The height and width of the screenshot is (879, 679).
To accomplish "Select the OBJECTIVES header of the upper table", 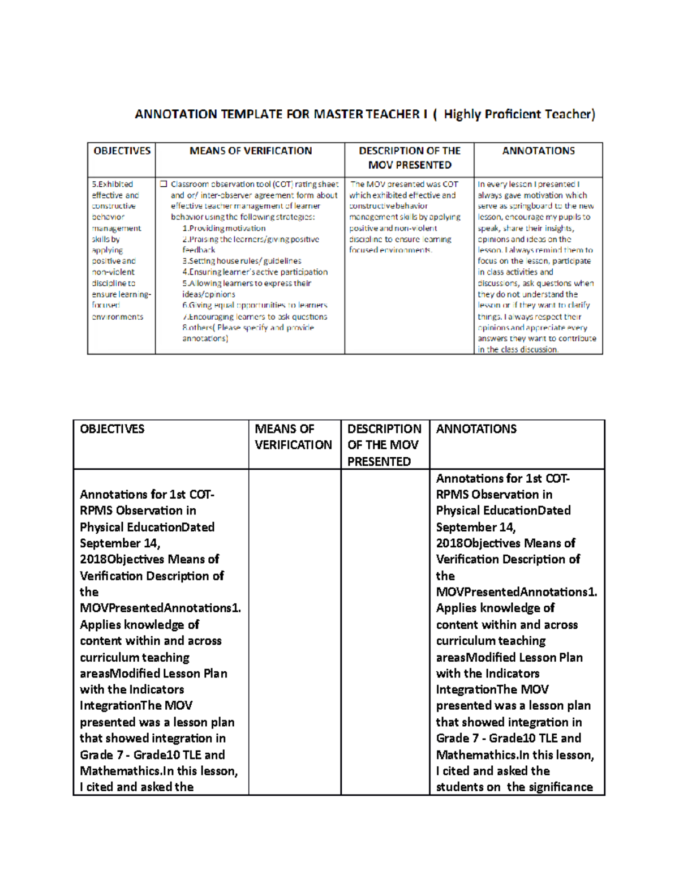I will coord(122,151).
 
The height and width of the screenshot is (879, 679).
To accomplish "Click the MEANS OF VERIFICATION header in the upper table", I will coord(250,151).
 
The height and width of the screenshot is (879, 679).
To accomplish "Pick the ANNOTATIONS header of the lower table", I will coord(476,429).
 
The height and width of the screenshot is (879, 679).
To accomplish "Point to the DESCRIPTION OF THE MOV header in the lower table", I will coord(384,445).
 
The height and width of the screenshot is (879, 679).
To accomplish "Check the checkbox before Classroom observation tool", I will coord(164,185).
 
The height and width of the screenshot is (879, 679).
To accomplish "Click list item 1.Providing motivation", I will coord(224,228).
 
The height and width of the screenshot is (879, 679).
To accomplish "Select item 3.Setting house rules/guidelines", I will coord(242,261).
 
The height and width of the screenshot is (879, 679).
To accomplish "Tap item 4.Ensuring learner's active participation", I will coord(255,272).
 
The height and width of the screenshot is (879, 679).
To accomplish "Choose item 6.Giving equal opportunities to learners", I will coord(255,305).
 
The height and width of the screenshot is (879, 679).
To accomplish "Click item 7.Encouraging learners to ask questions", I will coord(255,316).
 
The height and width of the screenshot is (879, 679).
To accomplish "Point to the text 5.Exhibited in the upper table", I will coord(113,185).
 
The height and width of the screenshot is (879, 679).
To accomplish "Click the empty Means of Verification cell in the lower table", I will coord(294,631).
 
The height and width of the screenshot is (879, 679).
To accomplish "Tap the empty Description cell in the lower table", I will coord(385,631).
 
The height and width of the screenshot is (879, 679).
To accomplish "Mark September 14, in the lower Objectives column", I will coord(120,543).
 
